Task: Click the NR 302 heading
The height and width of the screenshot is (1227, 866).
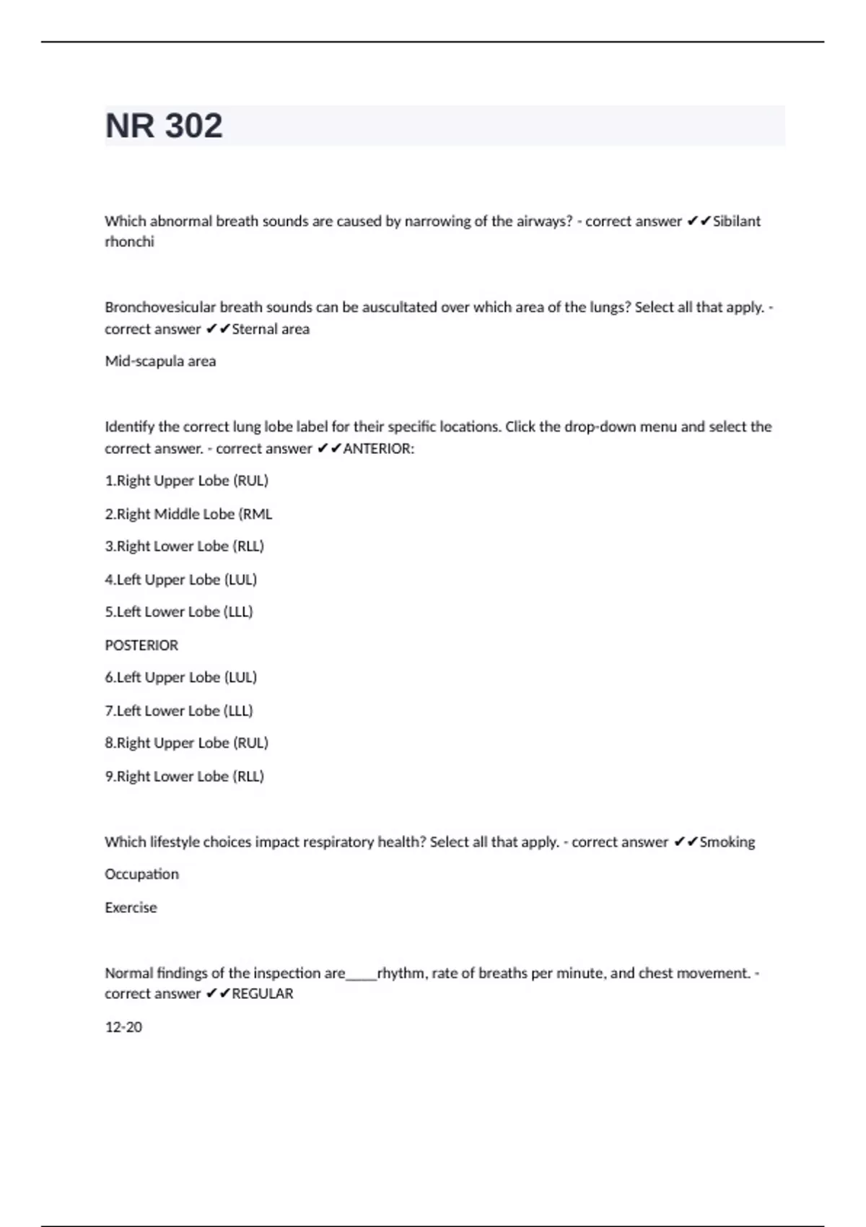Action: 164,126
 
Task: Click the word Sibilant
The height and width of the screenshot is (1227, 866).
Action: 736,221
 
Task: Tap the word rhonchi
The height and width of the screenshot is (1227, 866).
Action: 129,242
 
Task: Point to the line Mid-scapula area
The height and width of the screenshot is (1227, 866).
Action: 160,361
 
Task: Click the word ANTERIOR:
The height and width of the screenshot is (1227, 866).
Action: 378,448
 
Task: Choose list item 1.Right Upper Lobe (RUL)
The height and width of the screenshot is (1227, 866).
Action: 186,481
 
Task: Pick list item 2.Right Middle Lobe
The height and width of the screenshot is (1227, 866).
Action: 188,514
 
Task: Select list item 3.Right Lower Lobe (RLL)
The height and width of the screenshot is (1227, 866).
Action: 184,546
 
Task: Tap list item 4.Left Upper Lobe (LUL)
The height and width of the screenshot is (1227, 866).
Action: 180,580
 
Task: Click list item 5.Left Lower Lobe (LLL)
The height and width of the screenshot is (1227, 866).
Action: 179,612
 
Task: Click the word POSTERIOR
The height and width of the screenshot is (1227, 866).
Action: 141,645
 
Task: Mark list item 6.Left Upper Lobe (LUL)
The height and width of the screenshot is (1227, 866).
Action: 180,678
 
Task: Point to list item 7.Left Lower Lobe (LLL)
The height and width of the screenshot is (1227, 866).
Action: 179,711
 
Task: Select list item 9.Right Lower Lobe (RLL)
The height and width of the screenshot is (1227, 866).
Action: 184,777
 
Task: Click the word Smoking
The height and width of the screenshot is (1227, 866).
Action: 727,842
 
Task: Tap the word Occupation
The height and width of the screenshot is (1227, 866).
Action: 141,874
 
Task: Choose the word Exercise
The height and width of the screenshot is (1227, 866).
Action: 131,907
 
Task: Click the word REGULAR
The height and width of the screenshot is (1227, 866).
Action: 262,994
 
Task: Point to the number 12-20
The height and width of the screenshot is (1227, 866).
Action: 123,1027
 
